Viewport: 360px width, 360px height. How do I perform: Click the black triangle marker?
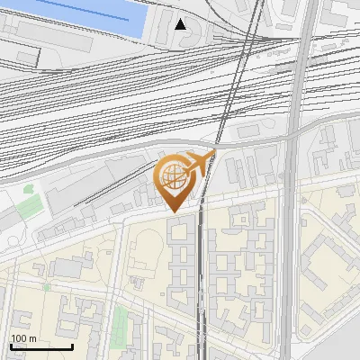click(x=181, y=23)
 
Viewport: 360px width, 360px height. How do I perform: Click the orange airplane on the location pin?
click(x=200, y=162)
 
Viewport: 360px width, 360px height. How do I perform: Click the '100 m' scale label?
click(x=23, y=338)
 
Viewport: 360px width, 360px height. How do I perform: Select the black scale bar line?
click(x=41, y=346)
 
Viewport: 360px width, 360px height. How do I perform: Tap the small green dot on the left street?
click(x=47, y=286)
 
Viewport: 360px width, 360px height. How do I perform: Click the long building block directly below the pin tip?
click(x=180, y=261)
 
